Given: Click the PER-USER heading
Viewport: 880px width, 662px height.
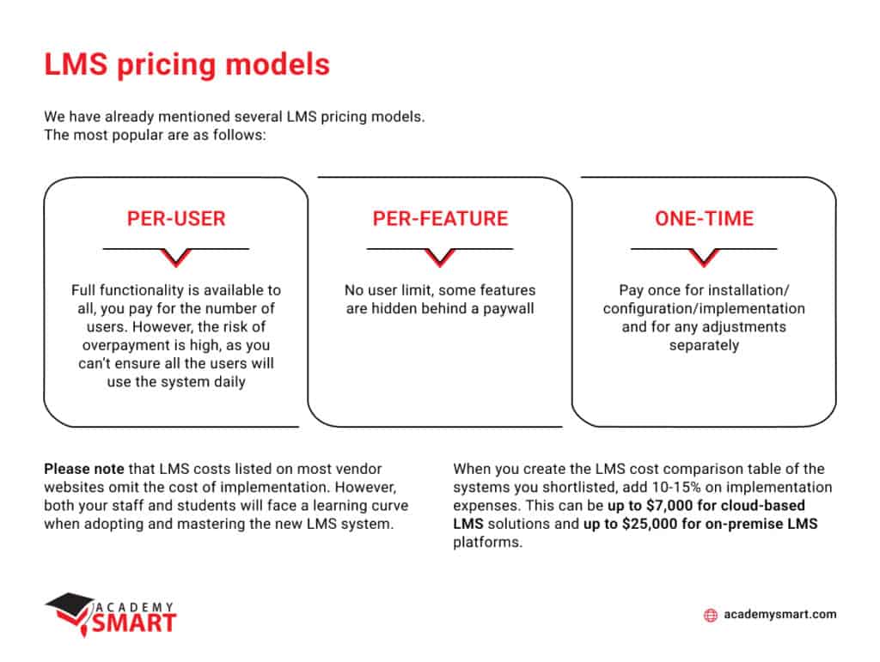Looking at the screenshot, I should coord(175,218).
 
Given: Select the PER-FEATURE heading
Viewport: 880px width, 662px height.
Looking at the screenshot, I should coord(439,218).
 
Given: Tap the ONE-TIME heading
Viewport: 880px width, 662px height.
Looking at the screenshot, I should coord(704,218).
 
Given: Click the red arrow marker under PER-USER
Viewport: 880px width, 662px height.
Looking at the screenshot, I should coord(175,257).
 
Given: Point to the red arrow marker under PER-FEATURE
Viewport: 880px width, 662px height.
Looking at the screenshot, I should coord(439,257).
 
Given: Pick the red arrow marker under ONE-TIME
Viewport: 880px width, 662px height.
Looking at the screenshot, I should coord(704,257).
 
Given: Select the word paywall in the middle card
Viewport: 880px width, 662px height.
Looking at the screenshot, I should coord(506,308).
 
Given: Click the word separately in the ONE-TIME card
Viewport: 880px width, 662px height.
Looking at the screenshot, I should coord(704,345).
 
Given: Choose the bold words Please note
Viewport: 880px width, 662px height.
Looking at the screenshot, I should coord(83,469).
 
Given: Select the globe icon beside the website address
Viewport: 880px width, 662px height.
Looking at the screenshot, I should coord(710,615).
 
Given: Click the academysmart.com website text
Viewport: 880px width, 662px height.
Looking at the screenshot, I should coord(779,615).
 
